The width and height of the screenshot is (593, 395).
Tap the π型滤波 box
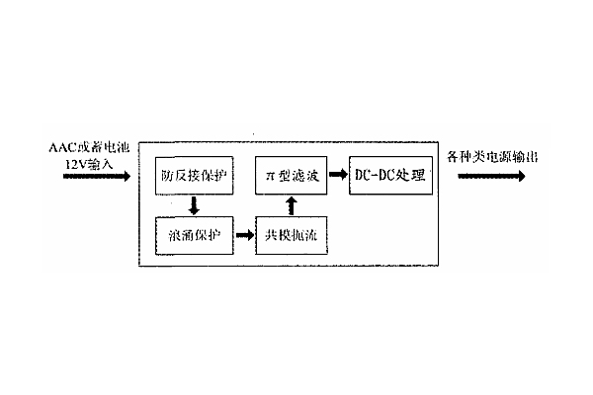291,175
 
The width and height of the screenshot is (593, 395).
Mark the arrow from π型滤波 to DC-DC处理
336,175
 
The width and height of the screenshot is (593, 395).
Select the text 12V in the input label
74,161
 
